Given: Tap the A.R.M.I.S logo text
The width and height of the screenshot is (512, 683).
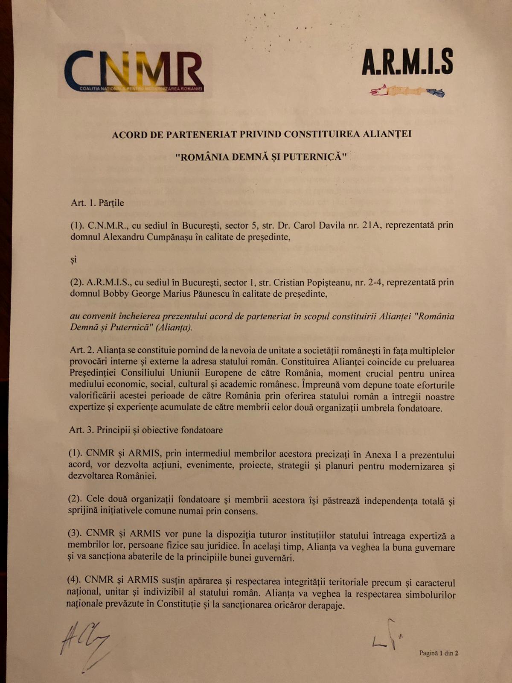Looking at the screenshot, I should (407, 62).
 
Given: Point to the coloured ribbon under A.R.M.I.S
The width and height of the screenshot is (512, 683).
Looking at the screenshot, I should (407, 91).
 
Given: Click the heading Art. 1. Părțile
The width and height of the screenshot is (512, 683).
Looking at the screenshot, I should (97, 203).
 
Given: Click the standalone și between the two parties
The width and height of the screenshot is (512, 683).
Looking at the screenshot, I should (73, 260).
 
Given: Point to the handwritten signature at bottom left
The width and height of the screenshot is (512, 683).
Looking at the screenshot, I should (85, 642).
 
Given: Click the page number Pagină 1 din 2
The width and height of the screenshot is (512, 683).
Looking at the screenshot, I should (438, 653).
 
